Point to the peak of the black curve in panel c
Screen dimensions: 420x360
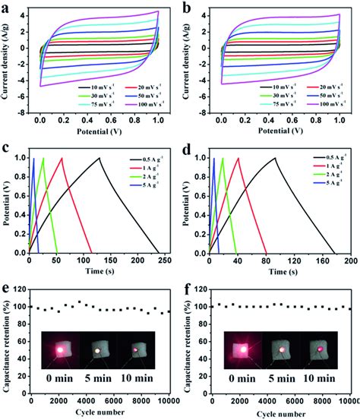99,158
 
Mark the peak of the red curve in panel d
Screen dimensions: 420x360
238,158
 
